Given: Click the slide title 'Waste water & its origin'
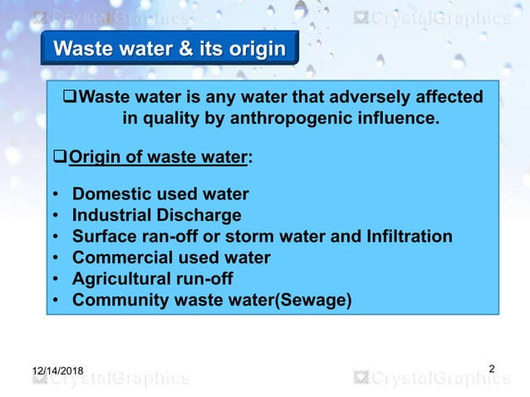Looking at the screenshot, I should click(x=169, y=49).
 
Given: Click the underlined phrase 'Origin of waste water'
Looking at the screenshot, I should click(x=157, y=156).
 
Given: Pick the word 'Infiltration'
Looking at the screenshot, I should click(x=406, y=237).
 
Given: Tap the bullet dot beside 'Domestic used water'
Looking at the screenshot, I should click(x=55, y=196).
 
